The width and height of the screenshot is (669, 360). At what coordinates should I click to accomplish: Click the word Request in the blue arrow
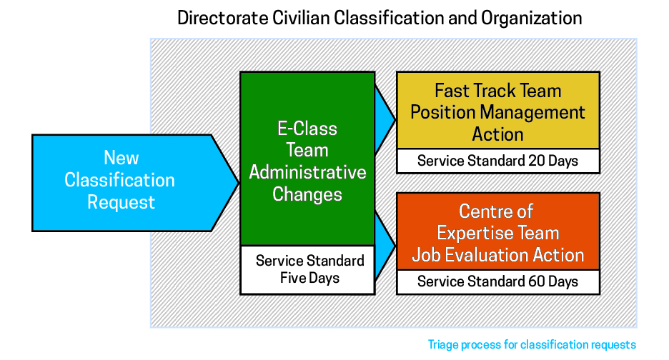121,203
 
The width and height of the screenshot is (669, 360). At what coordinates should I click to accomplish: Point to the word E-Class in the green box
307,129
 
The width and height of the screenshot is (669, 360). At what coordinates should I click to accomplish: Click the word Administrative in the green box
307,172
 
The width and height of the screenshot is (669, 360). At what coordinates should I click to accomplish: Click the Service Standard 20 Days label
498,161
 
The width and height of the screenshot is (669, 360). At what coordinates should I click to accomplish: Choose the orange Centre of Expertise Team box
498,231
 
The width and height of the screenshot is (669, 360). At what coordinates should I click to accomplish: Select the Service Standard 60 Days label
498,281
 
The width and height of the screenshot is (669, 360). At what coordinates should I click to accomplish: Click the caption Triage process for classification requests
532,345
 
